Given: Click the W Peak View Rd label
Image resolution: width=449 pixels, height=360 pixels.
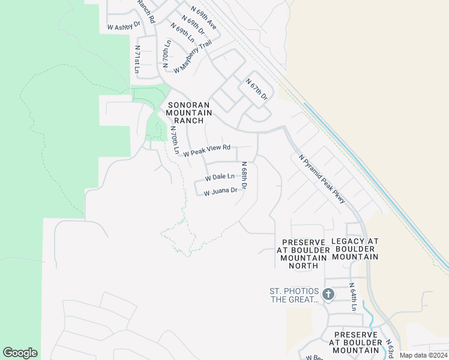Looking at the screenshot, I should pos(207,151).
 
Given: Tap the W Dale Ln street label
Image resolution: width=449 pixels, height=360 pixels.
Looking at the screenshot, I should pos(220,178).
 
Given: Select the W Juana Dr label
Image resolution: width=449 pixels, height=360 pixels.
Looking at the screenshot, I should pos(225,192).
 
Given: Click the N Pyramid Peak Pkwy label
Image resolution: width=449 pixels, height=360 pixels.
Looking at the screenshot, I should pos(322,179).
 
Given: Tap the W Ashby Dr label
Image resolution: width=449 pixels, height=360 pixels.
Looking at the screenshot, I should pos(123,27).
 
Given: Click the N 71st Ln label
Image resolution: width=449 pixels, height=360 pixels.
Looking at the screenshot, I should pos(137,60).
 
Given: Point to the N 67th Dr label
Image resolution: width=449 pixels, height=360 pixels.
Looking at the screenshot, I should pos(256,89).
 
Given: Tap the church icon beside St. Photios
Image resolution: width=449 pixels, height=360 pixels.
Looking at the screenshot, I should pos(328,294).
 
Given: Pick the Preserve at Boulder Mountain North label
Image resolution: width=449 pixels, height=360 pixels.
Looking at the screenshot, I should pos(303,253).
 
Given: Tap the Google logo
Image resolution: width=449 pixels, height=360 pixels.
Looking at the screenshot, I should pos(20,353).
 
